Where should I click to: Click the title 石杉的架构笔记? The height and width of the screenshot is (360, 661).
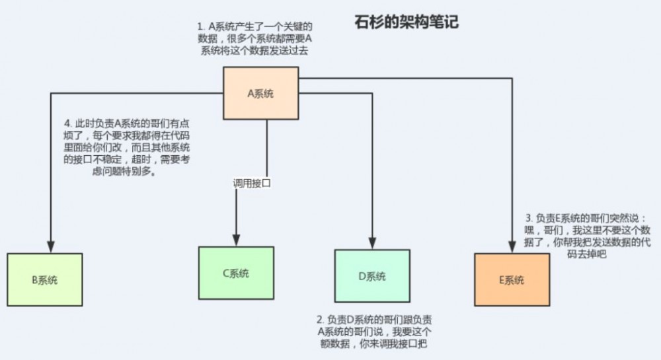(406, 22)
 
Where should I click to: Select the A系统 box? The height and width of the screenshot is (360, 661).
(260, 93)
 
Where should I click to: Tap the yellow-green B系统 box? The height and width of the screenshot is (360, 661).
(45, 279)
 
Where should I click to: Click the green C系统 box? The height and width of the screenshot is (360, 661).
(236, 273)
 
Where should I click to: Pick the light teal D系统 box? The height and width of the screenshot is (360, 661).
(371, 275)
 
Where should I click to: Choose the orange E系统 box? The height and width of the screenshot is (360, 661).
(512, 279)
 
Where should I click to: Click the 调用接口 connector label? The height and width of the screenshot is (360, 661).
(251, 183)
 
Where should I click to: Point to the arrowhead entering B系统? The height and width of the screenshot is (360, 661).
(50, 244)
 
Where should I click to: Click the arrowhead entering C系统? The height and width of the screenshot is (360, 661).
(236, 239)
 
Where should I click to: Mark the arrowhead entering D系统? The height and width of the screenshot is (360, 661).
(373, 242)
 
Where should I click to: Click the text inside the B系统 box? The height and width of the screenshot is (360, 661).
(45, 280)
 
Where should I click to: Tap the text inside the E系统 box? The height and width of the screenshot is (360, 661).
(512, 280)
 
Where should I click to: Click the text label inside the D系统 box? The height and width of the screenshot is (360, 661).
(371, 276)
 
